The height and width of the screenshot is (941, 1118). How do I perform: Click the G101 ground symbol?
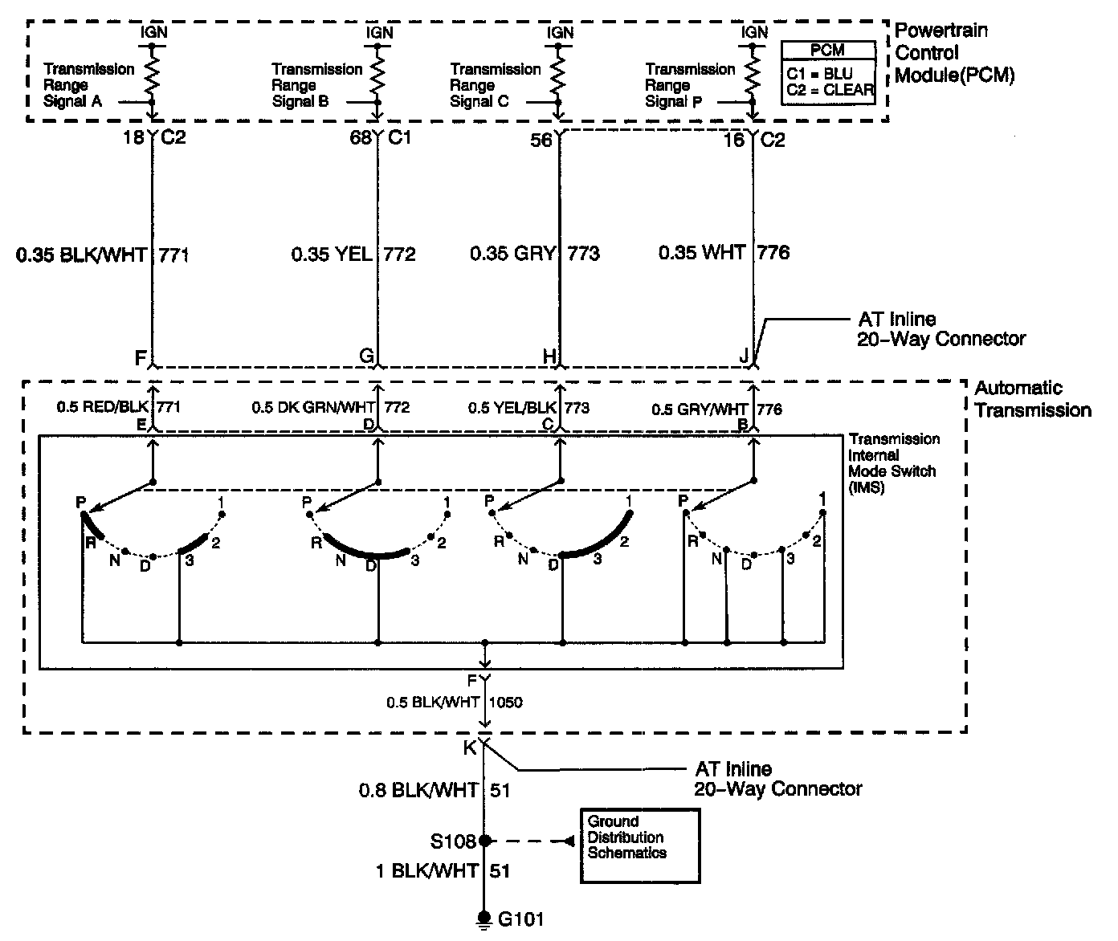484,918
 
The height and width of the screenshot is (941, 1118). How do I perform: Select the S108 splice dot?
484,841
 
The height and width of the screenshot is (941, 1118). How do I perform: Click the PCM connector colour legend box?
828,73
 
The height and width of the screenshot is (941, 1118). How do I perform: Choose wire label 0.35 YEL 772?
353,255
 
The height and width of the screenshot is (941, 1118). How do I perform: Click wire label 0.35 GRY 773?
535,254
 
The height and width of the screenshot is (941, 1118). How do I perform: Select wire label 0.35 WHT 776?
724,253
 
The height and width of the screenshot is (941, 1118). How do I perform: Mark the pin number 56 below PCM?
541,141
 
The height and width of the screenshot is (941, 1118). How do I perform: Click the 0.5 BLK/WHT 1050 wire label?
455,702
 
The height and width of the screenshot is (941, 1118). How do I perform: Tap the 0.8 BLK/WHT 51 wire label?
435,791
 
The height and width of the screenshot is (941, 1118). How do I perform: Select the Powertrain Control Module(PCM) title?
954,54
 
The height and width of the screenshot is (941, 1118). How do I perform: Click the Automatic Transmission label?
1033,399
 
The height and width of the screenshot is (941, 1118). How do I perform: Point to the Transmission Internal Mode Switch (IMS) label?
894,463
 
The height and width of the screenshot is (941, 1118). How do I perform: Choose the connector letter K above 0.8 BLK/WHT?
470,748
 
